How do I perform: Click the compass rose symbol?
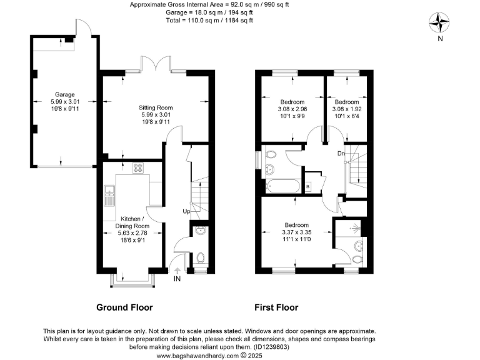coord(441,23)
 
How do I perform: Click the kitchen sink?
coord(109,196)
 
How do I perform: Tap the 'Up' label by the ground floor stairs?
coord(186,211)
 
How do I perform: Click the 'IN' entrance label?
coord(177,279)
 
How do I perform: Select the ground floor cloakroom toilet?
coord(199,257)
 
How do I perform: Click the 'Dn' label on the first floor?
coord(342,153)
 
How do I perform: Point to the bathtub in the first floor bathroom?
coord(282,186)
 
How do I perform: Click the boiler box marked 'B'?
coord(307,186)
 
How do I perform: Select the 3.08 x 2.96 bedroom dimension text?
coord(292,109)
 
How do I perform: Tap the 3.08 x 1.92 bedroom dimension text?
coord(346,109)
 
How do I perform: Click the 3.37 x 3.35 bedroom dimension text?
coord(297,232)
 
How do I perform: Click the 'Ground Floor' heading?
coord(124,307)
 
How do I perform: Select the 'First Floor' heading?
coord(276,307)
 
